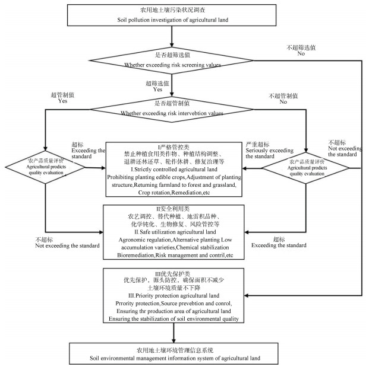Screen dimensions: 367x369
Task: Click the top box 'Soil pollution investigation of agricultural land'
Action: (x=172, y=15)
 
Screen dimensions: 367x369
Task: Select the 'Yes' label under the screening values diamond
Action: (x=159, y=91)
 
